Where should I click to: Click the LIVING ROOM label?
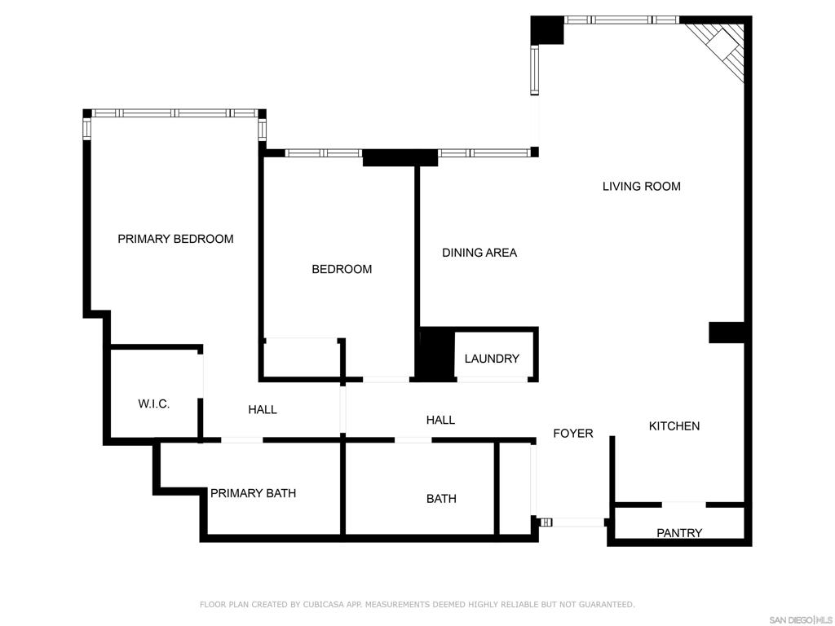coord(641,187)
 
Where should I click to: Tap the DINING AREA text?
coord(479,253)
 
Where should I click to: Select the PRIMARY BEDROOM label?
coord(175,239)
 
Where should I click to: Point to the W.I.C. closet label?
coord(154,404)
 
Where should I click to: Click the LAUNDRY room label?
coord(492,359)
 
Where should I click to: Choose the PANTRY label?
coord(679,533)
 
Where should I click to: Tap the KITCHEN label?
coord(674,425)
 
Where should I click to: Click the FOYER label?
coord(573,434)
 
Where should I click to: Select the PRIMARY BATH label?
coord(253,493)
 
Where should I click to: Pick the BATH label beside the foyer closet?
coord(441,499)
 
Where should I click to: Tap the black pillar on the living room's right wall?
coord(727,333)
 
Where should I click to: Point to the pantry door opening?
coord(684,504)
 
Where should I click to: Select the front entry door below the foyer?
coord(578,522)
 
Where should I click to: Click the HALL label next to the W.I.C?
coord(263,410)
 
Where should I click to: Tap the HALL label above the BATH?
coord(440,421)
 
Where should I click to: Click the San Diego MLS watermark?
coord(800,620)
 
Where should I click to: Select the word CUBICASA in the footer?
coord(323,605)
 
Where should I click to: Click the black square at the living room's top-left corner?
coord(547,30)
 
